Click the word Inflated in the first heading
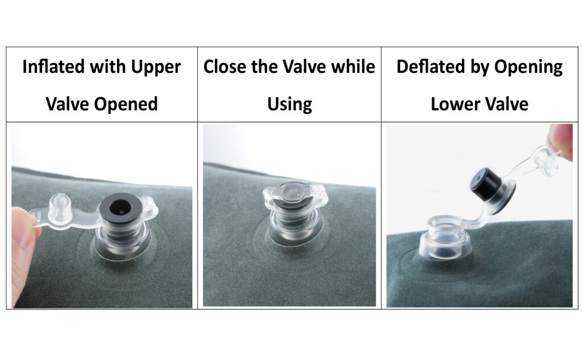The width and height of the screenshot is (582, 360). [x=54, y=67]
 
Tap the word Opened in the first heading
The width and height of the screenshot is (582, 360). [x=126, y=104]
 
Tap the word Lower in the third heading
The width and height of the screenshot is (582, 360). [x=454, y=104]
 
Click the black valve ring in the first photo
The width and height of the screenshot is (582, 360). [x=119, y=206]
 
